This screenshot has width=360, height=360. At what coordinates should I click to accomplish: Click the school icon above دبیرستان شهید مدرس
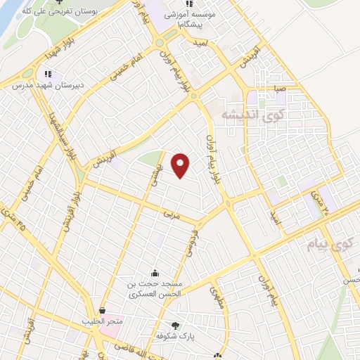48,73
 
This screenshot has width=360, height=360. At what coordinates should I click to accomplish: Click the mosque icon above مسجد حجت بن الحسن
155,273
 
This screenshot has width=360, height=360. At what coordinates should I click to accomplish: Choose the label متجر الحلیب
102,321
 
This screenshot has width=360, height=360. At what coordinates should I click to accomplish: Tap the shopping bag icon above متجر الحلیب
102,310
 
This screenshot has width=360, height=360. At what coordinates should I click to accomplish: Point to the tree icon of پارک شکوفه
175,325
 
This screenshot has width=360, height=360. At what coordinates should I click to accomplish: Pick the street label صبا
280,89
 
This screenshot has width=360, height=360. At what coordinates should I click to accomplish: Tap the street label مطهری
216,296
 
